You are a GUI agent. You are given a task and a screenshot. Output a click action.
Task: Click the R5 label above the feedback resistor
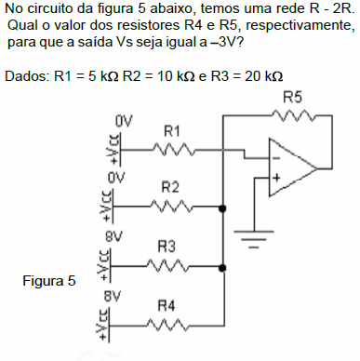pos(293,97)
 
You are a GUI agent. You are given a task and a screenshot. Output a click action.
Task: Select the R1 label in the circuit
pos(171,132)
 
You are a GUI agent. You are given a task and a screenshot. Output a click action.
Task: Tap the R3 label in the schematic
pos(168,247)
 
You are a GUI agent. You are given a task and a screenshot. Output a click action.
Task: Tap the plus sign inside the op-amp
pos(275,177)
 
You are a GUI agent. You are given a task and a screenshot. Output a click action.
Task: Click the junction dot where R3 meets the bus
pos(223,269)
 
